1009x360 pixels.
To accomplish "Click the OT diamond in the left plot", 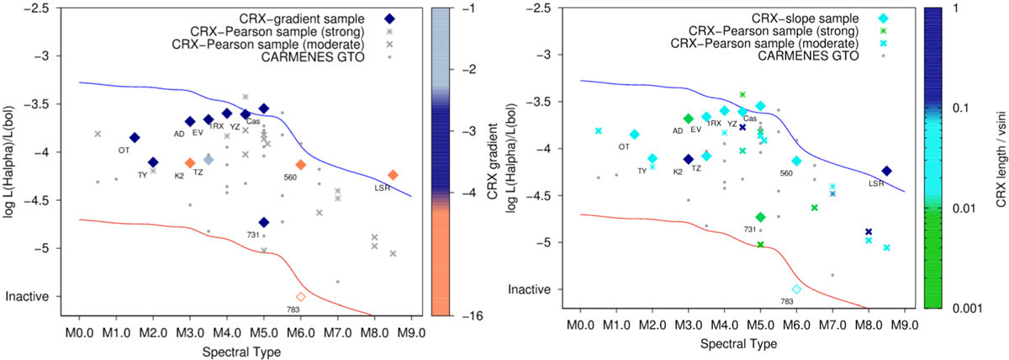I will point(135,137).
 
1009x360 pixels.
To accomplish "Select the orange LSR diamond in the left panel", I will point(393,175).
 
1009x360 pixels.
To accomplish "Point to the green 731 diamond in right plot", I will point(760,217).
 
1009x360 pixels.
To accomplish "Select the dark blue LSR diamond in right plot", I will point(886,171).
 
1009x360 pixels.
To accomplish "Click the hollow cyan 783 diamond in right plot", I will point(796,289).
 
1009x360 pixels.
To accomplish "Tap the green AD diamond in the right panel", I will point(689,119).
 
